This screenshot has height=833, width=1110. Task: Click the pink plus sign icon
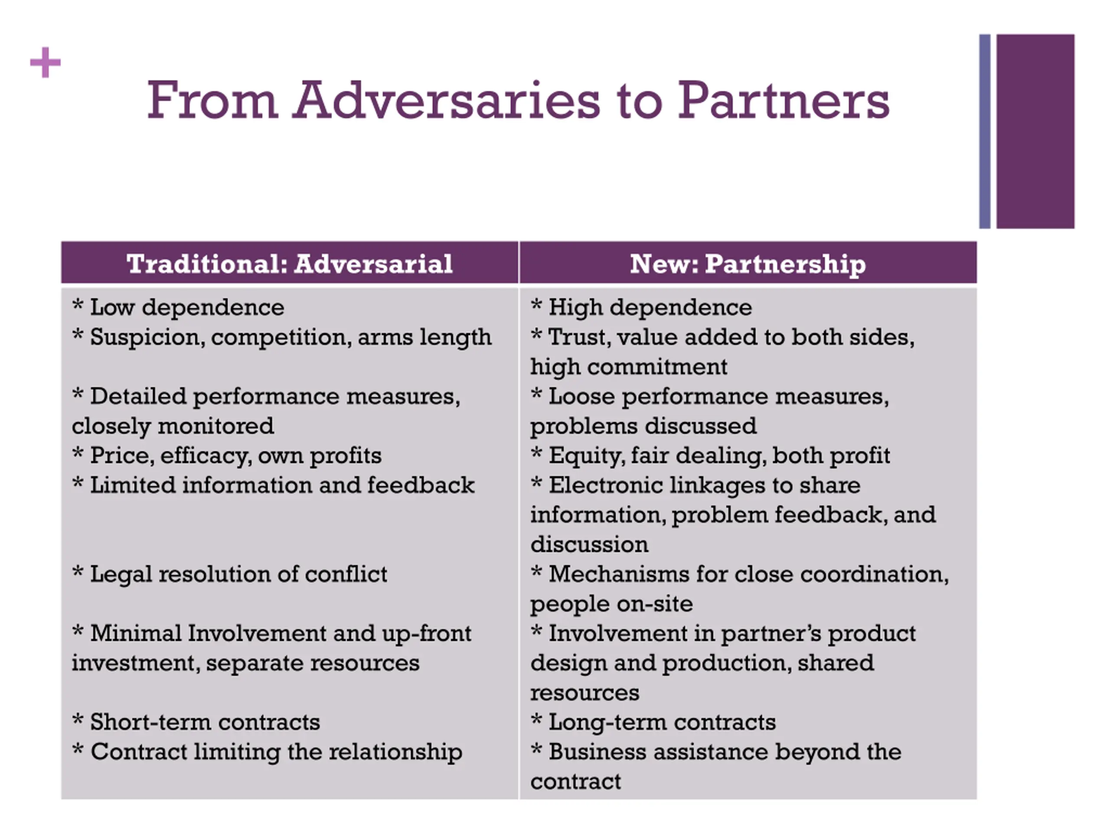45,63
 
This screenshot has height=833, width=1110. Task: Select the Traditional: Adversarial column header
290,264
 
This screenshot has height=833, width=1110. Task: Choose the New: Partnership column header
748,264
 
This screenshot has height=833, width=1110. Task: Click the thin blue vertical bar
985,131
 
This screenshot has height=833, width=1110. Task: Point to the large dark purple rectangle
1035,131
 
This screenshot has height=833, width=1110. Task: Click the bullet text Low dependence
187,307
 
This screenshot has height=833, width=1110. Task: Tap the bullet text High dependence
650,307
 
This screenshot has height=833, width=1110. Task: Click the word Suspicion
147,337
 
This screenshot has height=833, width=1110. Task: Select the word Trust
579,337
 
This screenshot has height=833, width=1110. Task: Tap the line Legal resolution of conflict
238,574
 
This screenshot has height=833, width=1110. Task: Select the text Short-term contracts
205,722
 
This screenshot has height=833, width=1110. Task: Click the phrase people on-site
611,604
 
